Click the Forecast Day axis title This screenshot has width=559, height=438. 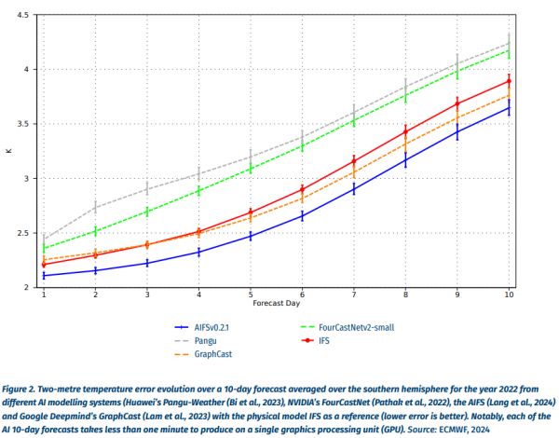tap(276, 306)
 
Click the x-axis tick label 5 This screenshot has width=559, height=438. tap(251, 295)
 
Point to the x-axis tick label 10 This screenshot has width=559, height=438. tap(509, 295)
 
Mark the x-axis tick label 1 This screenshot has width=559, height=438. tap(44, 295)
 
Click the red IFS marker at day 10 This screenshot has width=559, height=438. tap(509, 81)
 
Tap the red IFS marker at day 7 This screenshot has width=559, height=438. tap(354, 162)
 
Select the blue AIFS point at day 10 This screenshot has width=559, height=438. tap(509, 108)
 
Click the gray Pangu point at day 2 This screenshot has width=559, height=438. tap(96, 207)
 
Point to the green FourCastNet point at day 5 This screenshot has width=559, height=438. tap(251, 168)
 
